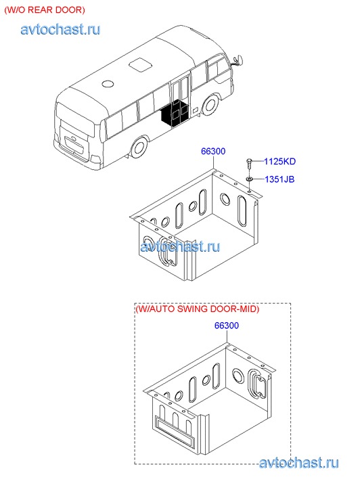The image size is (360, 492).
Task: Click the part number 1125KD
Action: point(279,161)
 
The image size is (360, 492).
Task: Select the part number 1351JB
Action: point(279,179)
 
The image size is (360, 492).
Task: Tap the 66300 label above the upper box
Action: point(213,151)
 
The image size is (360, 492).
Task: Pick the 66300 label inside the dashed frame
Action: point(227,326)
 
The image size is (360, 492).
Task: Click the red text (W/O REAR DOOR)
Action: point(45,9)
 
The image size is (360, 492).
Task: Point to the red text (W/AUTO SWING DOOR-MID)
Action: point(198,309)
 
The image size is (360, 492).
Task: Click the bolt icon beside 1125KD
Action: point(248,164)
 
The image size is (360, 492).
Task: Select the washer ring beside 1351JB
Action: point(249,179)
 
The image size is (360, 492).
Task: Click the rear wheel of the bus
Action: point(139,147)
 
